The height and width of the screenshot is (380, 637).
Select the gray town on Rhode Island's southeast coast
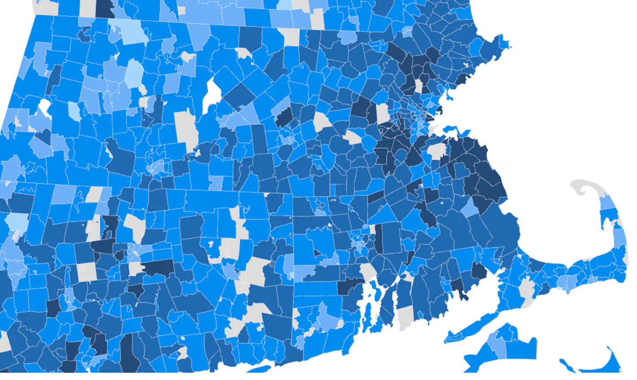point(405,317)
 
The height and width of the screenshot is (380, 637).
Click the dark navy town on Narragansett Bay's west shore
point(349,286)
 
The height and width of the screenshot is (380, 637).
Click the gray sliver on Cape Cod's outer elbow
point(625,257)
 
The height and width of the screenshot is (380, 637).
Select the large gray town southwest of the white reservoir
point(186,126)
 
